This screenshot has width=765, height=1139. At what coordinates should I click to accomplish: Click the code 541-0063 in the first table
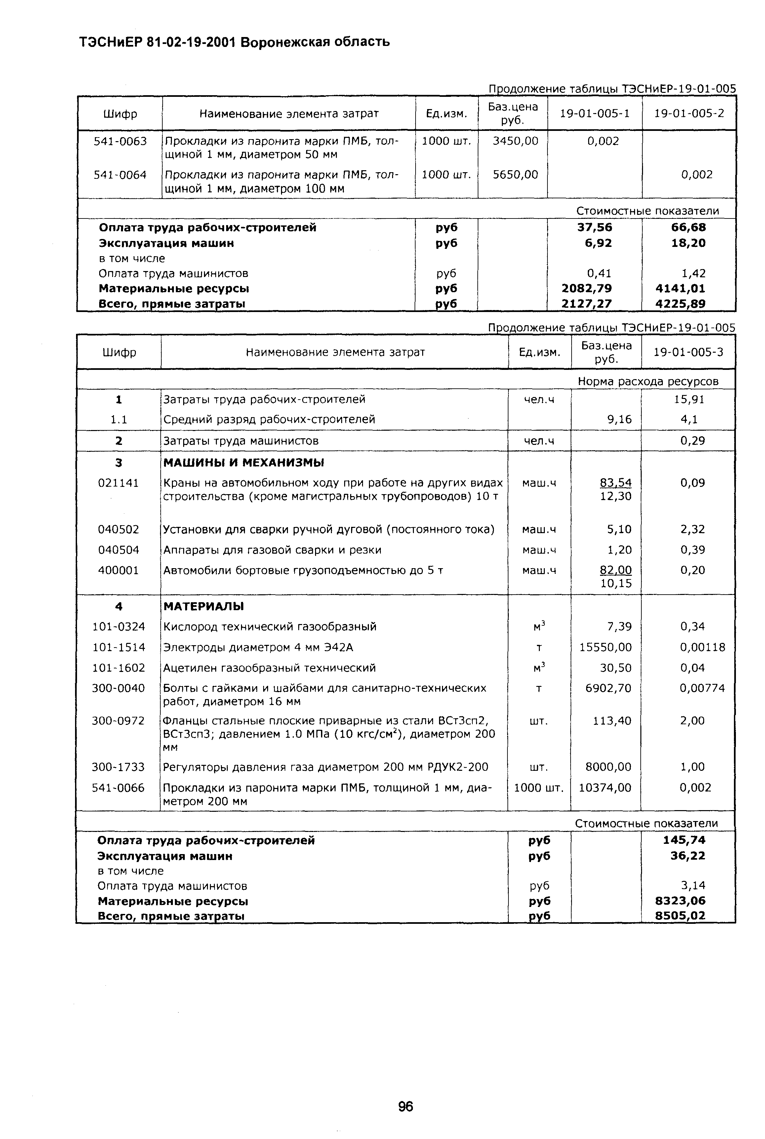[x=120, y=141]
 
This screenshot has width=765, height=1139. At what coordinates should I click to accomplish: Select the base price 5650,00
[x=515, y=175]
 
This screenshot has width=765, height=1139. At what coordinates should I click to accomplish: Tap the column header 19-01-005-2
[x=689, y=114]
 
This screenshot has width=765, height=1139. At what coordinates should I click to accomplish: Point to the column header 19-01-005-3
[x=688, y=352]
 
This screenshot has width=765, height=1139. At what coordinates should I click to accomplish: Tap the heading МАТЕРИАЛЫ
[x=203, y=606]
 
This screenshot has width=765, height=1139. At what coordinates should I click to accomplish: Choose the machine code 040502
[x=119, y=529]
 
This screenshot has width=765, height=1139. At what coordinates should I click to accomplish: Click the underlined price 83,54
[x=616, y=483]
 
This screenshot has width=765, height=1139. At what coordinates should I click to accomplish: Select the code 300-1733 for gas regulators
[x=119, y=767]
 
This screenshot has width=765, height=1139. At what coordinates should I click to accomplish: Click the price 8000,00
[x=608, y=767]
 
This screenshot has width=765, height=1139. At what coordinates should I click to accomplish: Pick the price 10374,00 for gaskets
[x=605, y=788]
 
